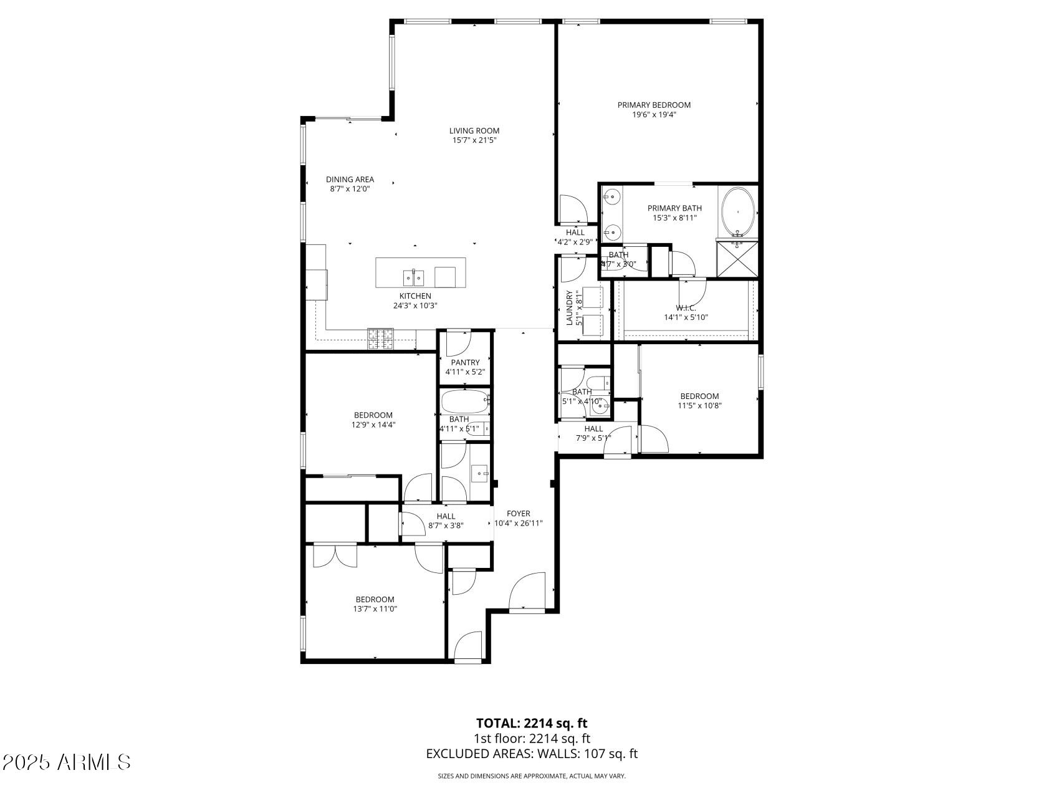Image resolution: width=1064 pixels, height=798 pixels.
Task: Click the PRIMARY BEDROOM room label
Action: tap(654, 105)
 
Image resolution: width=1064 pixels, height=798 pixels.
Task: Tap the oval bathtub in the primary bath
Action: tap(738, 211)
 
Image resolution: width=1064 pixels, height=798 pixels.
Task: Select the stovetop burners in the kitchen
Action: tap(380, 338)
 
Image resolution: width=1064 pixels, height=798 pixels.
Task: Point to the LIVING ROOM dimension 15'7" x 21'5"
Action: tap(474, 140)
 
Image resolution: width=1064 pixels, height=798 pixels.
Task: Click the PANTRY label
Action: tap(465, 362)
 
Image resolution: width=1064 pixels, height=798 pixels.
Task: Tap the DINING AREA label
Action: tap(350, 180)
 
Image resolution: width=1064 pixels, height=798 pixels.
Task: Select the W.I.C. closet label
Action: tap(685, 308)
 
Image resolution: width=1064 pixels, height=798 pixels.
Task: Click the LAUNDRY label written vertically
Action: tap(569, 308)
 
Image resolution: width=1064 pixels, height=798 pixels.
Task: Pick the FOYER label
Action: tap(518, 514)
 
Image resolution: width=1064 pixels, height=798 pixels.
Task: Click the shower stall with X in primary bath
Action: tap(737, 259)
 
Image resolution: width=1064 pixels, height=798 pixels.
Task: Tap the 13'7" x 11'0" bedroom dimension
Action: tap(375, 609)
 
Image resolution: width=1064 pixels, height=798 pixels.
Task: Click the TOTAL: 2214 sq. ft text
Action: tap(532, 723)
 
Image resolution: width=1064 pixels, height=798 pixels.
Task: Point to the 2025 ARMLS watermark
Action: tap(67, 762)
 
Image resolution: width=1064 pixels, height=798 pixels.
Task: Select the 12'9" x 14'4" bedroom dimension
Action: tap(373, 425)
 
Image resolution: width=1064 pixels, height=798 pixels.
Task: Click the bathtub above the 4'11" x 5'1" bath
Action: tap(464, 401)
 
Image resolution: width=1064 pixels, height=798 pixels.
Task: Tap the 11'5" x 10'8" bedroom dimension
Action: tap(699, 405)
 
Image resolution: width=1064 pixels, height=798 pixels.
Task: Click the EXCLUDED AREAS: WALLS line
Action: tap(532, 754)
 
